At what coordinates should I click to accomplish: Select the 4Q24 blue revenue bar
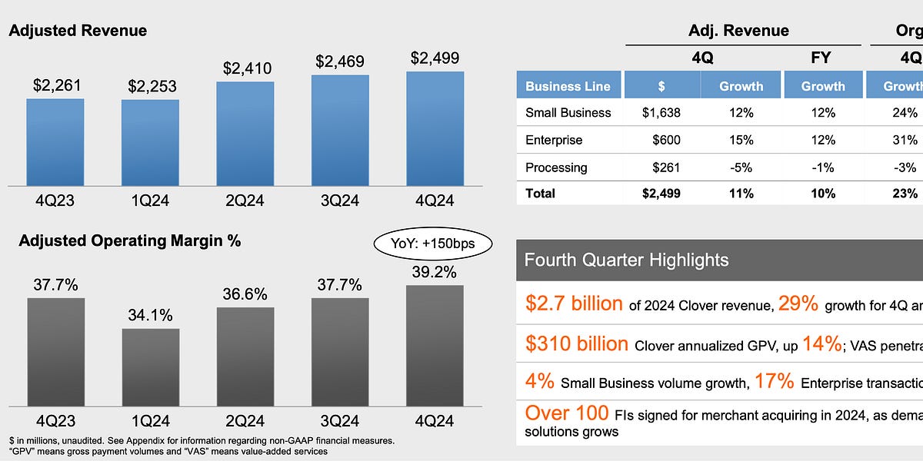[435, 128]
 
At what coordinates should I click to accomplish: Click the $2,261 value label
[55, 85]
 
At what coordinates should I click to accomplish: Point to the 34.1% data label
[150, 315]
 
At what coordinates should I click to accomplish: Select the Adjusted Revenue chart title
[77, 31]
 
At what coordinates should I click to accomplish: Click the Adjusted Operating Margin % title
[129, 240]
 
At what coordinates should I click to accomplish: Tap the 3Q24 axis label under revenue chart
[340, 201]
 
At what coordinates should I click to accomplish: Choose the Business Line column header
[568, 86]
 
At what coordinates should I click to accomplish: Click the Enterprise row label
[554, 140]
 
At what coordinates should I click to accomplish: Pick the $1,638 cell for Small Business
[661, 112]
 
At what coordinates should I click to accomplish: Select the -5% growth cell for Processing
[741, 167]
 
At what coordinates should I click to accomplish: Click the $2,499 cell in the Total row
[661, 194]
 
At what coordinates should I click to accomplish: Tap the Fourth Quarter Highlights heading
[626, 260]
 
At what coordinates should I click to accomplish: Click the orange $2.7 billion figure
[574, 303]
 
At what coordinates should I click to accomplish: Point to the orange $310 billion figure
[577, 343]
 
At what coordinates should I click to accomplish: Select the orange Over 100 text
[566, 413]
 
